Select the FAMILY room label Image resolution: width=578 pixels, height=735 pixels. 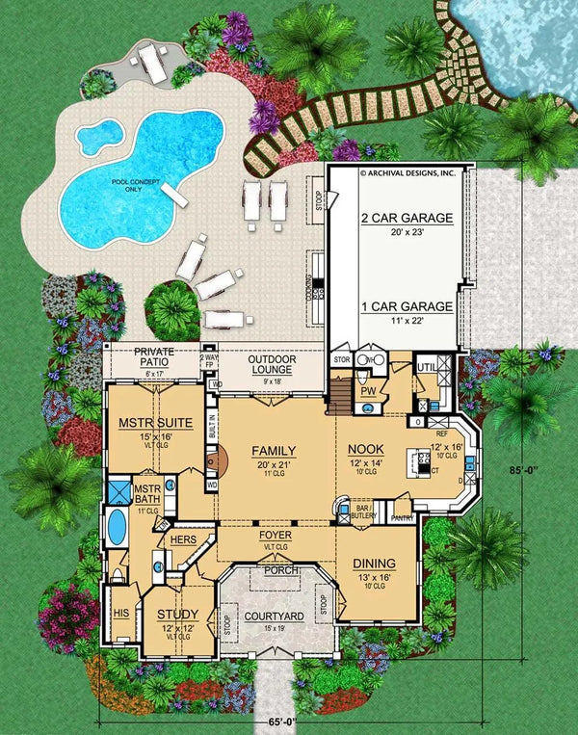coord(274,451)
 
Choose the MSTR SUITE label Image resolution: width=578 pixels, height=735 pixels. coord(155,423)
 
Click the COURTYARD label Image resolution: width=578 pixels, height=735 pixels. coord(274,616)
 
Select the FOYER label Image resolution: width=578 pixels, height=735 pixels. coord(276,535)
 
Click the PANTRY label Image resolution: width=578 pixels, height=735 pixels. coord(402,518)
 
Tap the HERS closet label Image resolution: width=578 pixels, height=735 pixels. coord(183,541)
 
